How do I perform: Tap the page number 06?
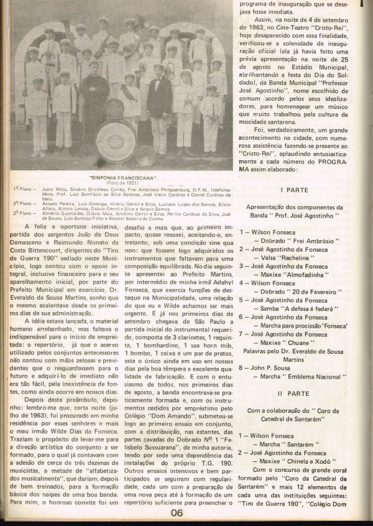click(177, 512)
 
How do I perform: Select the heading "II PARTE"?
click(291, 394)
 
